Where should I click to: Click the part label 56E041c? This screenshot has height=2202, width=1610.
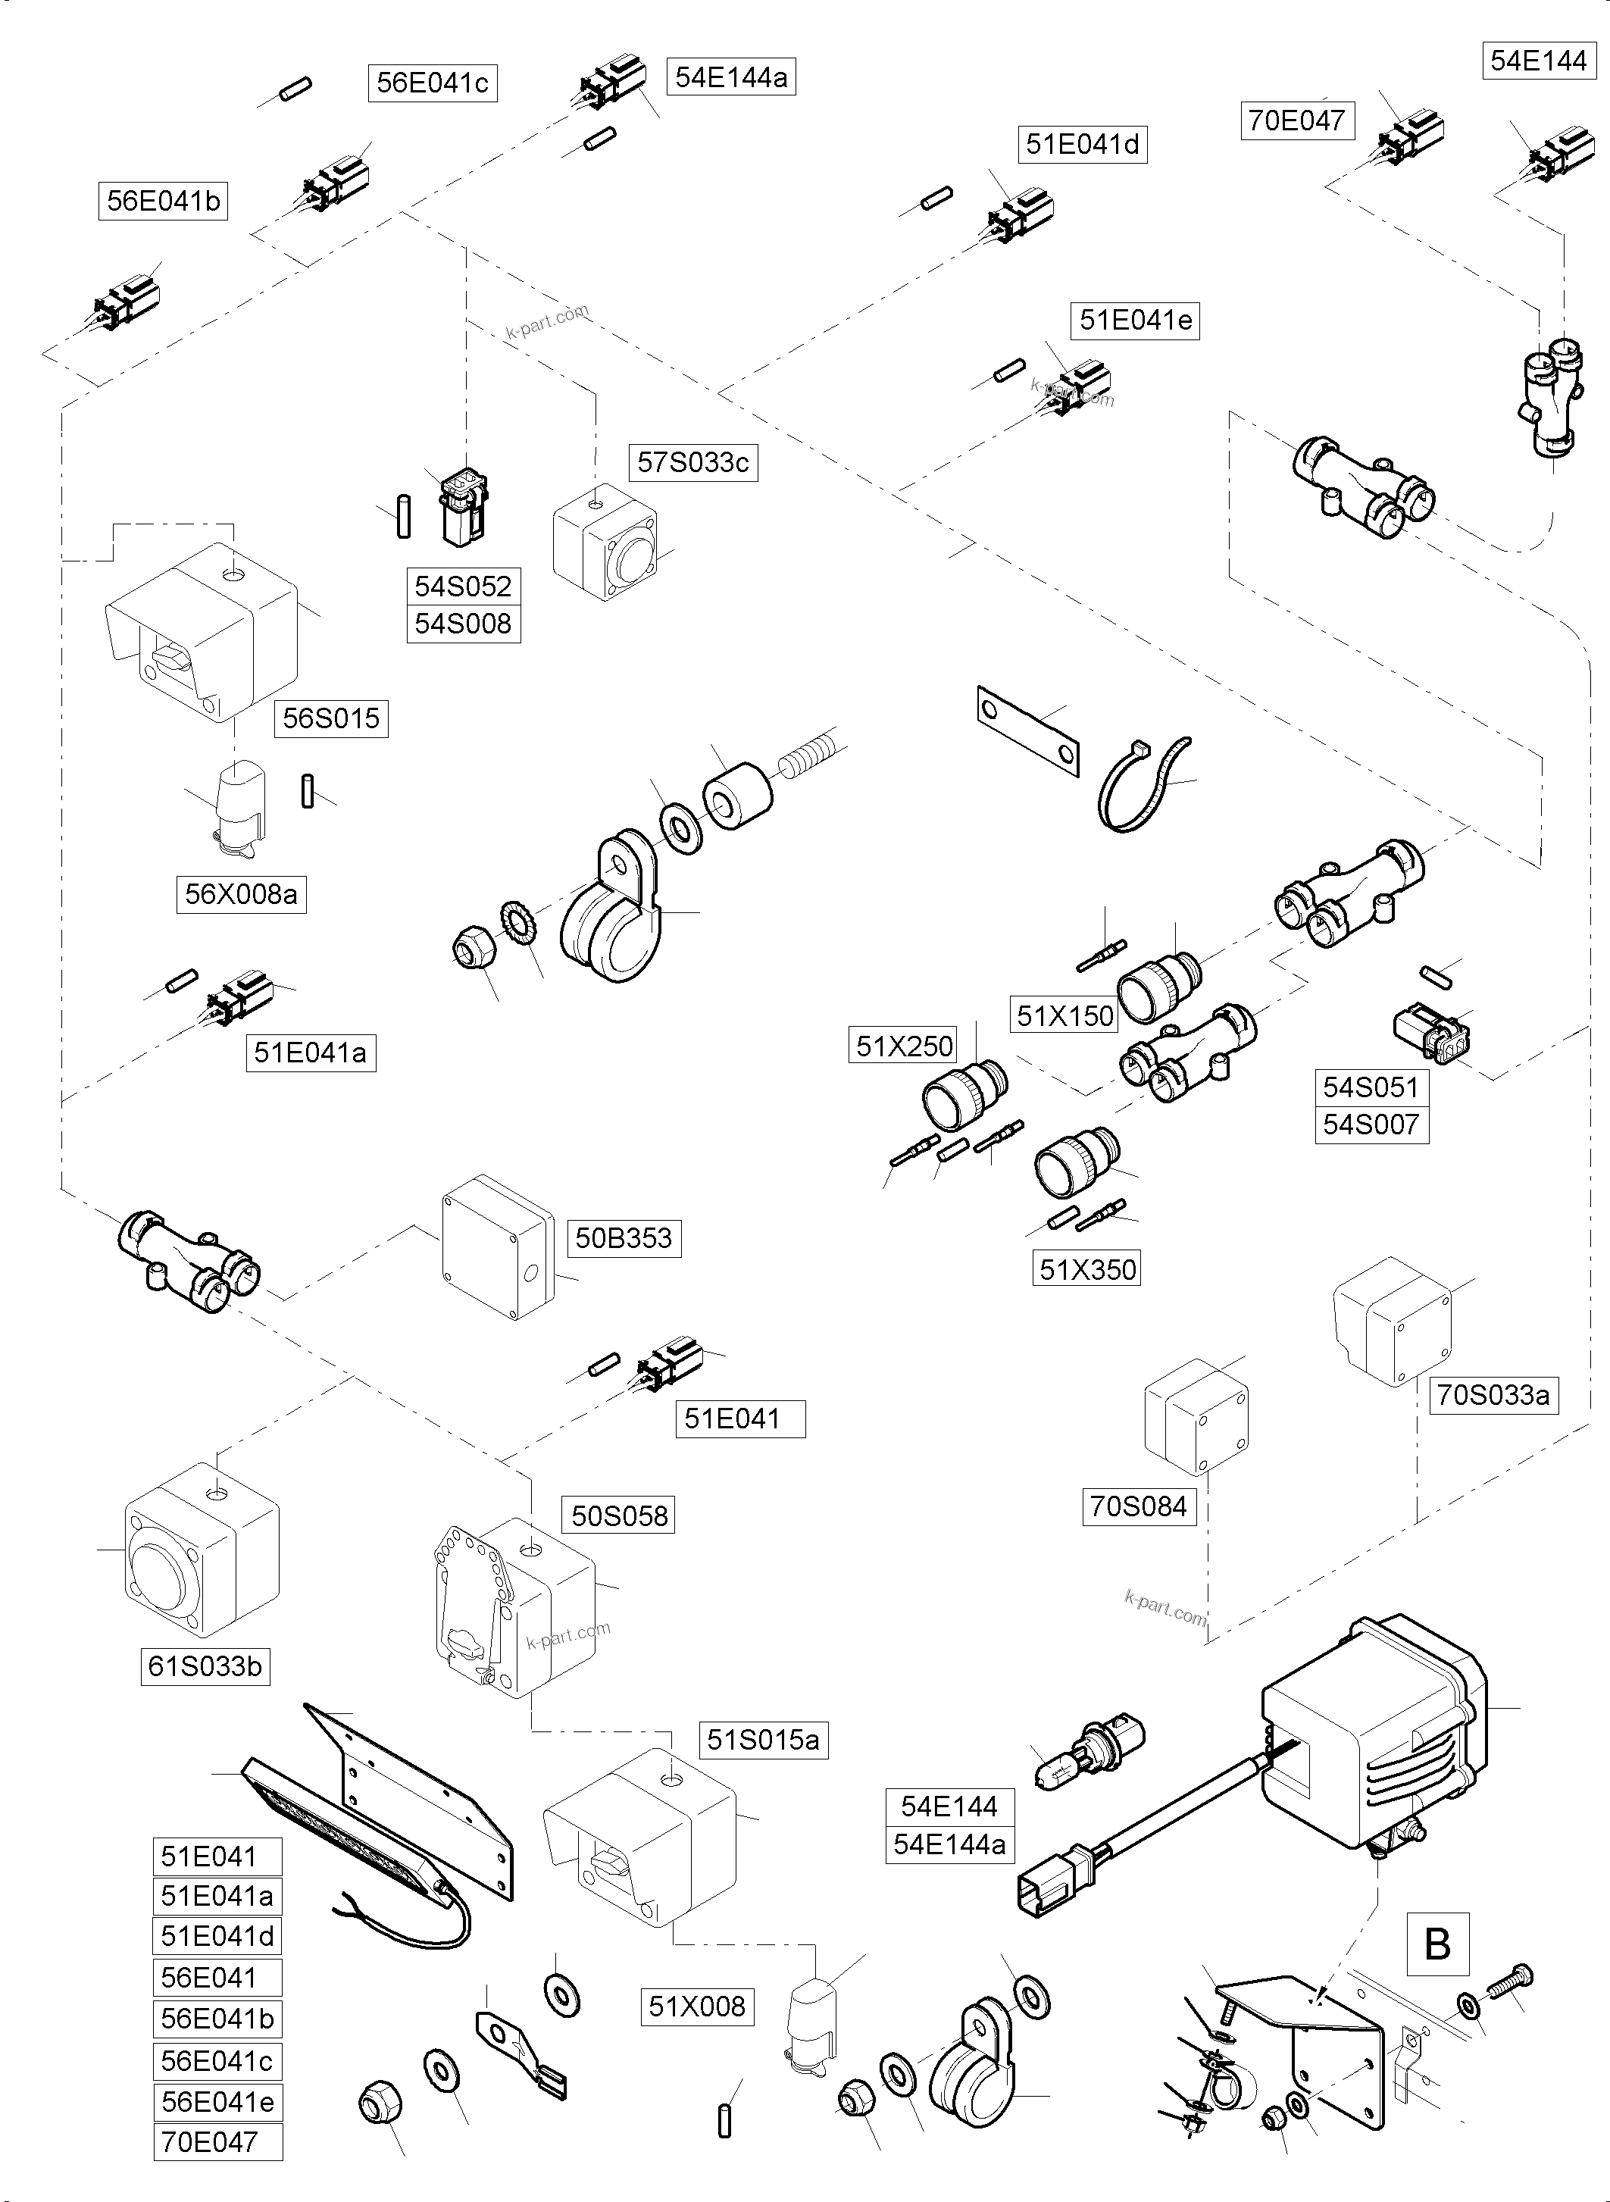[432, 83]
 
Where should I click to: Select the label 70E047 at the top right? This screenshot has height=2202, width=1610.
[1296, 121]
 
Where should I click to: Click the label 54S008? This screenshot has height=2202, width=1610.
[463, 624]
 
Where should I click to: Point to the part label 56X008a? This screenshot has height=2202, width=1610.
[241, 894]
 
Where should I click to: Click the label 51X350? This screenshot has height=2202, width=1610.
[1086, 1269]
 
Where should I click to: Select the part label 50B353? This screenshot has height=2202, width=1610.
[623, 1238]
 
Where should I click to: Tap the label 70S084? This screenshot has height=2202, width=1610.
[1137, 1507]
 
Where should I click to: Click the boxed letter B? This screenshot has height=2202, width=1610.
[1437, 1944]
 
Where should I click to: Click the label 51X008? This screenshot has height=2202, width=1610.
[696, 2006]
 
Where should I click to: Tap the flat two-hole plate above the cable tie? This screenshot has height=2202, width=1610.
[1027, 730]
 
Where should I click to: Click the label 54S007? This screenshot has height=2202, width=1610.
[1371, 1125]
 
